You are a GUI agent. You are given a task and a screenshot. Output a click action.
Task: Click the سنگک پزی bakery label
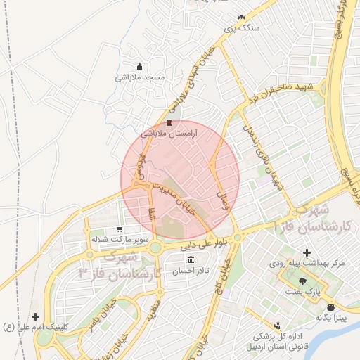[241, 29]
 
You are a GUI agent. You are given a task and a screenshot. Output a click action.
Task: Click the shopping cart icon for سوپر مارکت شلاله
[120, 229]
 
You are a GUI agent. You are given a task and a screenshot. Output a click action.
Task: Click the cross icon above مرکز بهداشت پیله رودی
[306, 252]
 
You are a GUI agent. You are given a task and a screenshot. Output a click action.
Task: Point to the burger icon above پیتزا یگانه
[330, 307]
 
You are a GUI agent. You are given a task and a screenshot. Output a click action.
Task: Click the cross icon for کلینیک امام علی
[35, 316]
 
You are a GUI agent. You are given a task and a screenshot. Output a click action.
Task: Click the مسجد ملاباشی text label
[140, 77]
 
